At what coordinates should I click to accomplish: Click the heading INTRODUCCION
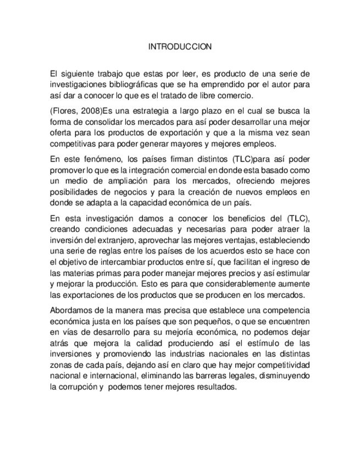tap(180, 47)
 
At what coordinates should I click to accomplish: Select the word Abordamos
tap(71, 309)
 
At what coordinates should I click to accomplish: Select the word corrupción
tap(76, 386)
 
